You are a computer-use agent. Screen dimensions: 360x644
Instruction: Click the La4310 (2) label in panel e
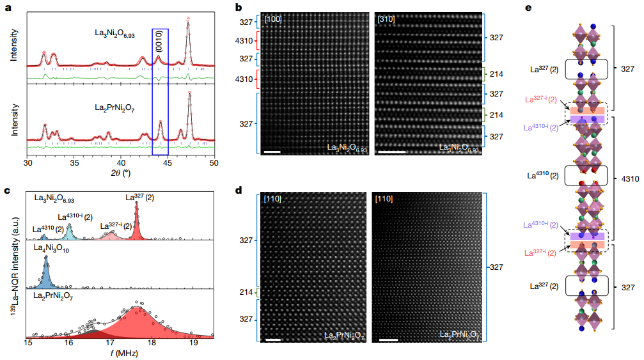[543, 174]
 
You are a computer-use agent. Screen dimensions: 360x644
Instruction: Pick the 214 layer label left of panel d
[246, 292]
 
